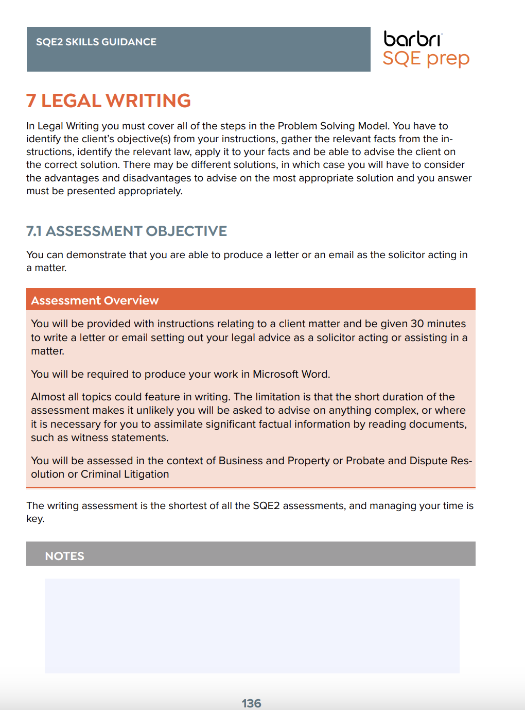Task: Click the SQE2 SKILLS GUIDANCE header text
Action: (x=96, y=42)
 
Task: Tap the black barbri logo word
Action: (x=412, y=39)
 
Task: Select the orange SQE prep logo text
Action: (x=426, y=58)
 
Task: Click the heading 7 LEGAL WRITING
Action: (x=109, y=100)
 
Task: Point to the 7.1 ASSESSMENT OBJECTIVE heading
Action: (x=127, y=231)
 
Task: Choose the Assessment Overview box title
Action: (x=95, y=300)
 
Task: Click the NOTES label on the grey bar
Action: (x=64, y=556)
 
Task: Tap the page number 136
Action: (x=251, y=703)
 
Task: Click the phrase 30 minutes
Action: (x=437, y=324)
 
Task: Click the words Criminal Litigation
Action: (x=125, y=474)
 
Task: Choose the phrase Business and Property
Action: (x=274, y=461)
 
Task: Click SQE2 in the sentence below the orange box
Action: (x=266, y=505)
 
